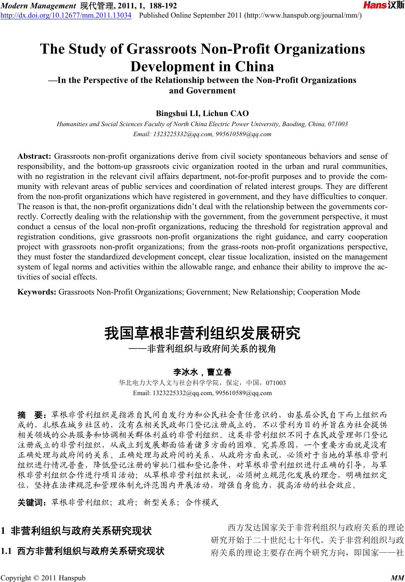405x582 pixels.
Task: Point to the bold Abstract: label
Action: pos(34,157)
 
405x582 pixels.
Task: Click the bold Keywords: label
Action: pos(37,292)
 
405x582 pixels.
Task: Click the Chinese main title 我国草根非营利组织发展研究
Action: pos(202,334)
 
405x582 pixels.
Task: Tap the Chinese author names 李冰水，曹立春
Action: pos(202,372)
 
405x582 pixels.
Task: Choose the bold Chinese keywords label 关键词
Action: pos(33,502)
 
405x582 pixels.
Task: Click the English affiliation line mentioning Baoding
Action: pos(202,124)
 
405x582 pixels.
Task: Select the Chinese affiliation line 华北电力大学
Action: pos(202,383)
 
